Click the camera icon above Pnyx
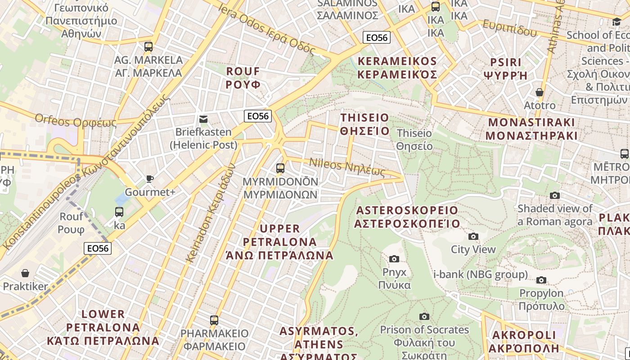click(394, 259)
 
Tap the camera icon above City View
click(473, 236)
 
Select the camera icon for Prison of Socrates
click(424, 316)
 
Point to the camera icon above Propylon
click(541, 280)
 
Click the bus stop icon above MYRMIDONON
click(280, 168)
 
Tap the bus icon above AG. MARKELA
click(148, 46)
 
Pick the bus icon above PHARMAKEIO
click(214, 320)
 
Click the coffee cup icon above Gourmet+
click(150, 179)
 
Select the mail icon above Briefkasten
click(203, 119)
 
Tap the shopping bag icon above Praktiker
click(25, 273)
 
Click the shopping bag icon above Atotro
click(540, 92)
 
